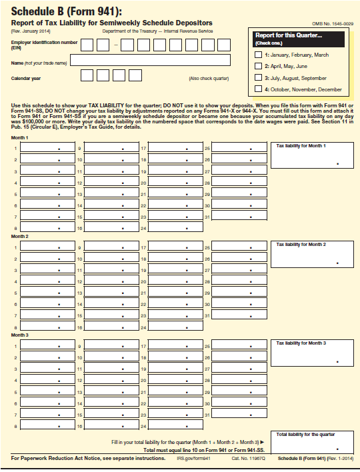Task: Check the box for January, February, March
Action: [x=259, y=55]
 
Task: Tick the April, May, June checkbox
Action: [x=259, y=66]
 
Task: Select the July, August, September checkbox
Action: [x=259, y=77]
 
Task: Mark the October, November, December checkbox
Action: [x=259, y=89]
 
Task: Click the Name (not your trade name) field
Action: [x=150, y=61]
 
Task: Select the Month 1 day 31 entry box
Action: [x=239, y=217]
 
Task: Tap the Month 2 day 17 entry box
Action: [x=175, y=247]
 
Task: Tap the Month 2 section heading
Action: [x=20, y=237]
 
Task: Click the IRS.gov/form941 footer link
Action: [x=193, y=459]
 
